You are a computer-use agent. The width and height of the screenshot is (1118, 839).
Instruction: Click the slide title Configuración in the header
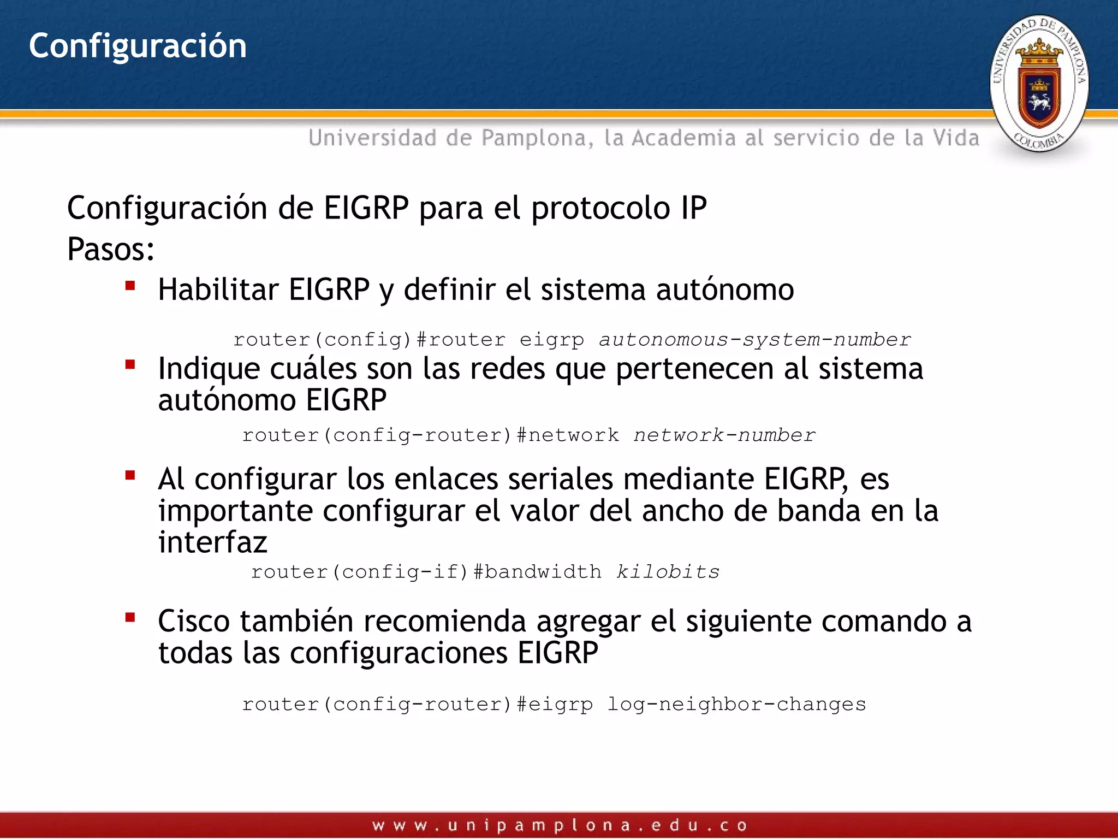(x=138, y=46)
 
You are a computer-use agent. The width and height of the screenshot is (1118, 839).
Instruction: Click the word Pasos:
(x=111, y=250)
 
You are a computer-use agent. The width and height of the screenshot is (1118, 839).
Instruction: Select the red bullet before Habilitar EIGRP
(x=130, y=286)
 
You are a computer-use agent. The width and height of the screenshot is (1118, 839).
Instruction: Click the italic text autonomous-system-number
(x=755, y=340)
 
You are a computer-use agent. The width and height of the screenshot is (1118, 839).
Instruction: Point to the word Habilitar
(x=218, y=289)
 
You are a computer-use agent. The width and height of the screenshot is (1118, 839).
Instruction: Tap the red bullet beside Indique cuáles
(x=130, y=364)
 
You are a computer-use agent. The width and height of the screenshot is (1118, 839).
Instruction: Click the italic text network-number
(x=724, y=435)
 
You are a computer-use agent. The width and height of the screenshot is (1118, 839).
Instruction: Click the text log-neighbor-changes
(x=736, y=704)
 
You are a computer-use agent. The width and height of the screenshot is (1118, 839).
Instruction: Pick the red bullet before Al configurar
(x=130, y=475)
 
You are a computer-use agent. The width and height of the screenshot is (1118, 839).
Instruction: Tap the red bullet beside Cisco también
(x=130, y=618)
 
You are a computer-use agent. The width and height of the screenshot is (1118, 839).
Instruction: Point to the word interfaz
(x=213, y=542)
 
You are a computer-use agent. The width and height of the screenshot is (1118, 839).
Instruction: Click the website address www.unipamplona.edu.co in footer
(x=560, y=825)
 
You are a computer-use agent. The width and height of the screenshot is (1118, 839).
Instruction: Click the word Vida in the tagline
(x=956, y=138)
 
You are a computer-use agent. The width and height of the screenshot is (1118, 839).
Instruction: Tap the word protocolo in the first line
(x=600, y=209)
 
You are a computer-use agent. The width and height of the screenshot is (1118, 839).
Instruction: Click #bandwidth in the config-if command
(x=537, y=572)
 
